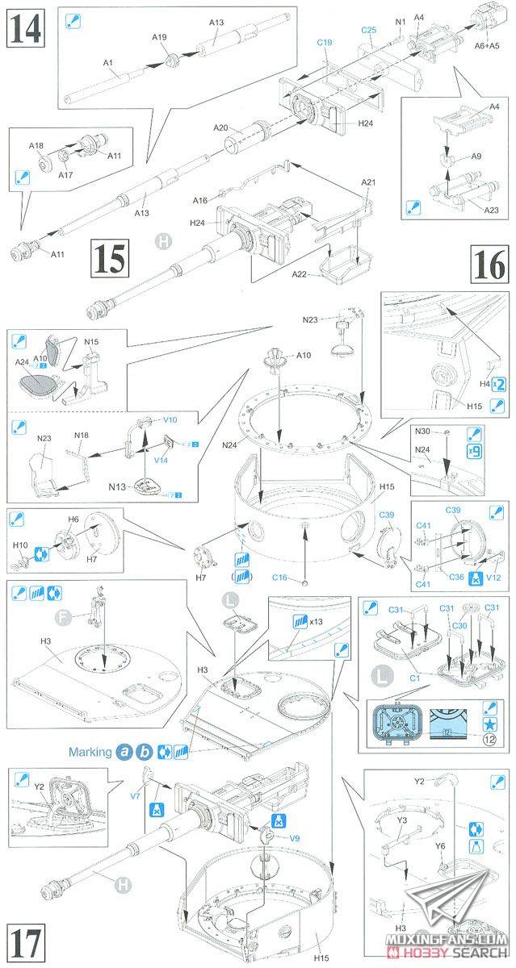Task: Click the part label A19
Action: (x=158, y=37)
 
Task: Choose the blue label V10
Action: (x=170, y=420)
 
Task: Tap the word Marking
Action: (x=90, y=752)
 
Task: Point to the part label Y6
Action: (x=441, y=845)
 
